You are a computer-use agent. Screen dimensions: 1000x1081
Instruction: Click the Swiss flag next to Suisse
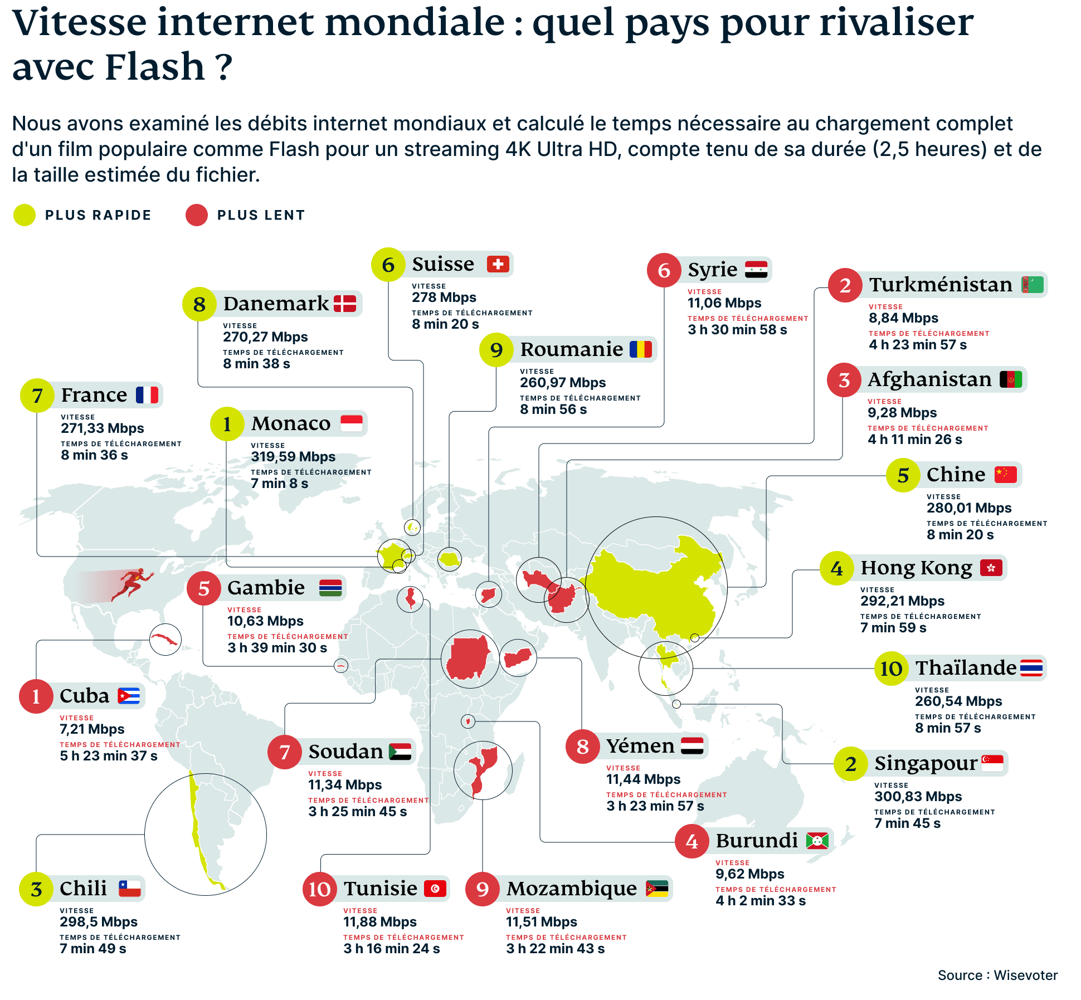tap(498, 264)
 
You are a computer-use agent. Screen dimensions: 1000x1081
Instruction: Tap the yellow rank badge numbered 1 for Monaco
tap(227, 424)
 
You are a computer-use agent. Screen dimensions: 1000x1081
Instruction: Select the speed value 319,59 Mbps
tap(293, 457)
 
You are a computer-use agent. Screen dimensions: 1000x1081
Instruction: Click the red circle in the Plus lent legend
tap(196, 215)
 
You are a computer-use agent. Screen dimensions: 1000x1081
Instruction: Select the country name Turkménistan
tap(941, 285)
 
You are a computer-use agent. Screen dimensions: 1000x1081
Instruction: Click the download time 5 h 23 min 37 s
tap(109, 756)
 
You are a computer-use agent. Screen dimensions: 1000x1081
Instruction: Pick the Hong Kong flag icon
tap(991, 568)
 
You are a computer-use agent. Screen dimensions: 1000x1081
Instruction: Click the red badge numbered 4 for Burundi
tap(692, 841)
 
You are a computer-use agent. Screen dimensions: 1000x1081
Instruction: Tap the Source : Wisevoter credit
tap(997, 975)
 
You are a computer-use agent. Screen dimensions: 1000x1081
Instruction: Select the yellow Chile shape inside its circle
tap(196, 825)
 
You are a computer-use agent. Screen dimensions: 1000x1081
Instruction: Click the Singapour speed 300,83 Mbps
tap(918, 797)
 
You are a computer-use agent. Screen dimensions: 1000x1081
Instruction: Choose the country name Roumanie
tap(571, 350)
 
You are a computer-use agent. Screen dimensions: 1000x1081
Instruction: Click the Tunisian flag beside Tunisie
tap(435, 889)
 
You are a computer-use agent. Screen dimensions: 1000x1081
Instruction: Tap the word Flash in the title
tap(155, 67)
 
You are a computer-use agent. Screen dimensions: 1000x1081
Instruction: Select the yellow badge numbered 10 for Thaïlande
tap(890, 669)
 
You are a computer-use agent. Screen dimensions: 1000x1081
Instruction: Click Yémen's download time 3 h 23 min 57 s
tap(655, 806)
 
